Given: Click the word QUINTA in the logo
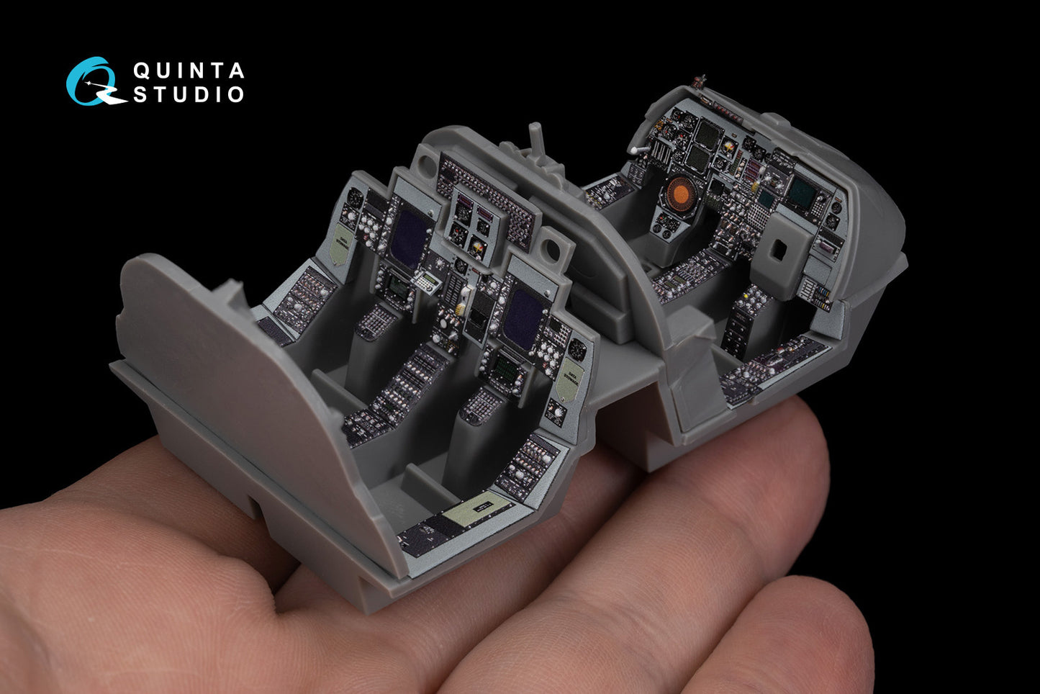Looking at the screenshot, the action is coord(189,71).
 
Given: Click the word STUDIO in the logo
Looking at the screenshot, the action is coord(189,94).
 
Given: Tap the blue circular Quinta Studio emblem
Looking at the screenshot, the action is coord(93,81).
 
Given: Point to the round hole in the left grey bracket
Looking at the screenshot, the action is coord(424,165).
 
